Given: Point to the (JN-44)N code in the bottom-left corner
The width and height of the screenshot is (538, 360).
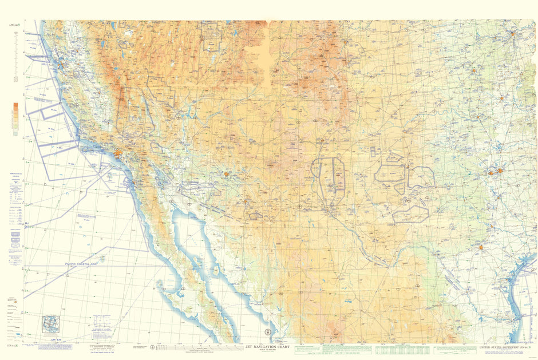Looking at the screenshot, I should click(12, 345).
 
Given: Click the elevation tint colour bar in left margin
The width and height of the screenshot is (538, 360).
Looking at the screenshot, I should click(15, 119).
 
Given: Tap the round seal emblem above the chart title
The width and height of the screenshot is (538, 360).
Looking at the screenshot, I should click(268, 334).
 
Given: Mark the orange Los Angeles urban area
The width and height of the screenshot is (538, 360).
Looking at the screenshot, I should click(118, 153).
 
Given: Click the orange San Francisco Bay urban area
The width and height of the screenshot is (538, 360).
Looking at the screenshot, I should click(60, 66).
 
